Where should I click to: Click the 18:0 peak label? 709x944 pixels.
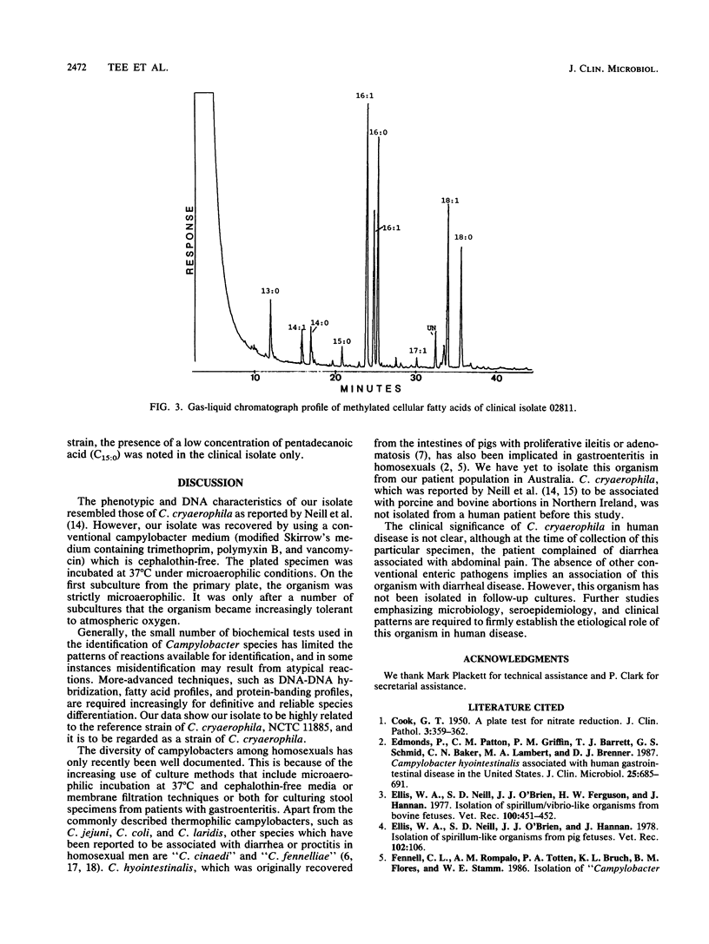(463, 237)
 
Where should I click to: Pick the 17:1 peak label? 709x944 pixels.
(418, 350)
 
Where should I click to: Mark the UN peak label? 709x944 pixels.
(431, 328)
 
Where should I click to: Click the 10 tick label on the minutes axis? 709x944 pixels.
(255, 379)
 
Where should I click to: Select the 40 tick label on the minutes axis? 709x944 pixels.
(498, 379)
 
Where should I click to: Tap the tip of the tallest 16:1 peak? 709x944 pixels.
(368, 104)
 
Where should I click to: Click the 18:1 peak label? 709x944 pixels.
(449, 201)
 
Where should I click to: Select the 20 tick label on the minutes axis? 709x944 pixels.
(336, 379)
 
